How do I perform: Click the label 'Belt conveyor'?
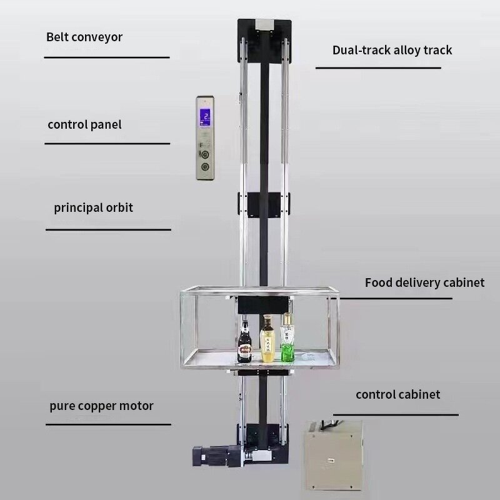[84, 37]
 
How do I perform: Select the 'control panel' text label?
[84, 124]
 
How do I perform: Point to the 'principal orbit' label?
[93, 207]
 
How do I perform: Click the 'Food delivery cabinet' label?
[424, 282]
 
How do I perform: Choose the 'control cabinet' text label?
[397, 394]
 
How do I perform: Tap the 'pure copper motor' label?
[101, 406]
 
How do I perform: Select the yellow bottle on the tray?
[267, 341]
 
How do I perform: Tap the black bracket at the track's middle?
[264, 205]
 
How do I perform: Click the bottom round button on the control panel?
[204, 167]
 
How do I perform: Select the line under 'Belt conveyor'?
[106, 57]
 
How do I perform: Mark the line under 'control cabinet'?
[395, 414]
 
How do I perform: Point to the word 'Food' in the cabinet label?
[379, 282]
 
